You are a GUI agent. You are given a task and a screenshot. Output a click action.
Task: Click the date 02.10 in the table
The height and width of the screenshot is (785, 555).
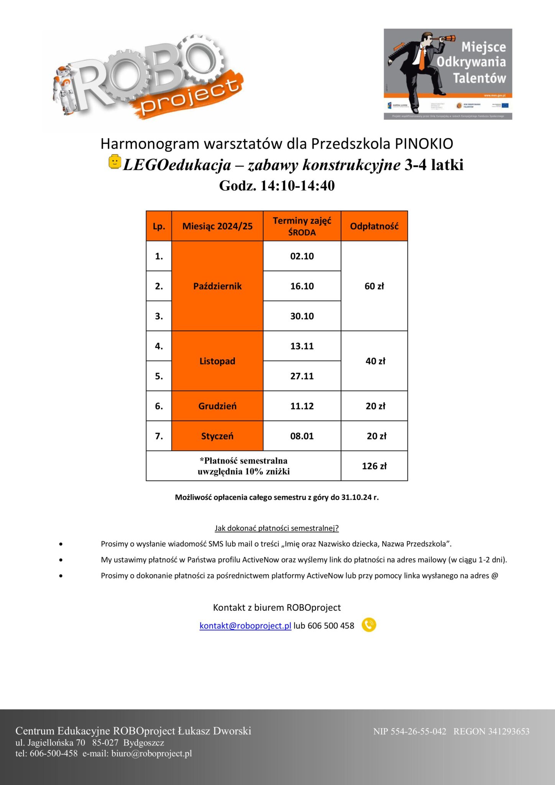pos(302,256)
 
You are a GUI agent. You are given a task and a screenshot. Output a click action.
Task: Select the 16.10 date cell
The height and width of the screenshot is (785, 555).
pos(302,286)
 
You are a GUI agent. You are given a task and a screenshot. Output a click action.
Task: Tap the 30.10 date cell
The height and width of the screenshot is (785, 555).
pos(302,316)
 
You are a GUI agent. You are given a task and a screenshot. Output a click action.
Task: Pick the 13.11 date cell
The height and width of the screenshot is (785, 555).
pos(302,346)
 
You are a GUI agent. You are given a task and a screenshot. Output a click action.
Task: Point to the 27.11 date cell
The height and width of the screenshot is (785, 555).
pos(302,376)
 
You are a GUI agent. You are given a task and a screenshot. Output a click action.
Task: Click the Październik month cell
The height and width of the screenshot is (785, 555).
pos(217,286)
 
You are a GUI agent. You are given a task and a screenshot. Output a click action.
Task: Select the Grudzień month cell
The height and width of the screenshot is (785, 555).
pos(217,406)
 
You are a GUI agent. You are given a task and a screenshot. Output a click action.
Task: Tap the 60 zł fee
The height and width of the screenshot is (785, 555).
pos(374,286)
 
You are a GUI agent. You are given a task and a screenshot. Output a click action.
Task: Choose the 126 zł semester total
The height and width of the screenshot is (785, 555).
pos(374,466)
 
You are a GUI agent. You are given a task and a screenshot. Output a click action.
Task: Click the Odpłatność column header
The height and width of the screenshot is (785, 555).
pos(374,226)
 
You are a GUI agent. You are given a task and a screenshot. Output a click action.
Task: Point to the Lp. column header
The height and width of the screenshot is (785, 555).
pos(159,226)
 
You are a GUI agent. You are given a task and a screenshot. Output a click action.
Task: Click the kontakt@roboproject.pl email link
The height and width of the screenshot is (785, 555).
pos(245,626)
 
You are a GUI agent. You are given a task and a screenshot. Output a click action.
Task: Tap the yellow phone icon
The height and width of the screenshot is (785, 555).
pos(369,625)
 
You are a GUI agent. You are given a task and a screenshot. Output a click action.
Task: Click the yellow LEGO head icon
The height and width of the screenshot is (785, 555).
pos(115,161)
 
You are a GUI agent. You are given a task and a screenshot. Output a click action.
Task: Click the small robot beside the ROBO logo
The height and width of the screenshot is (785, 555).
pos(63,90)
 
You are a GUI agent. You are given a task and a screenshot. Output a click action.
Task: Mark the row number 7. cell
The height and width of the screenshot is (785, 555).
pos(159,436)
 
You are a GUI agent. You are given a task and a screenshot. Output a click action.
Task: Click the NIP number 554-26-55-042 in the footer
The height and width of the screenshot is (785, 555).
pos(418,731)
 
